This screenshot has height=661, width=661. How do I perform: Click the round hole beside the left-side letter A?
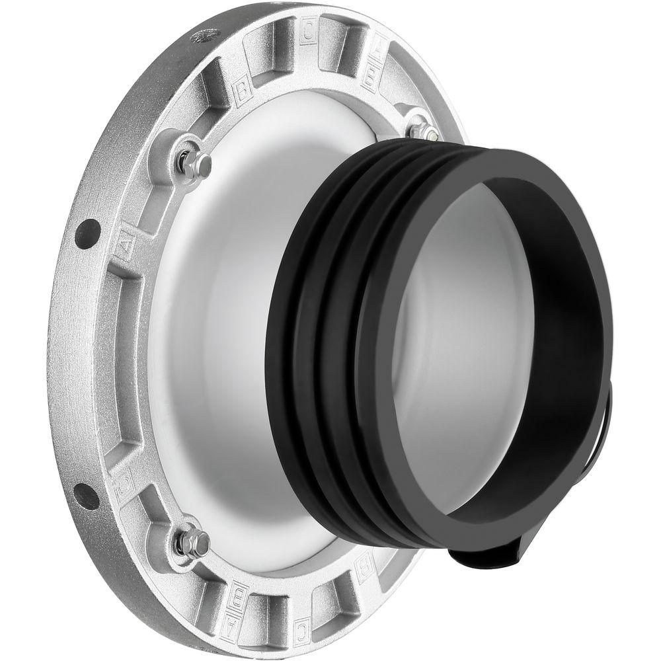point(87,234)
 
